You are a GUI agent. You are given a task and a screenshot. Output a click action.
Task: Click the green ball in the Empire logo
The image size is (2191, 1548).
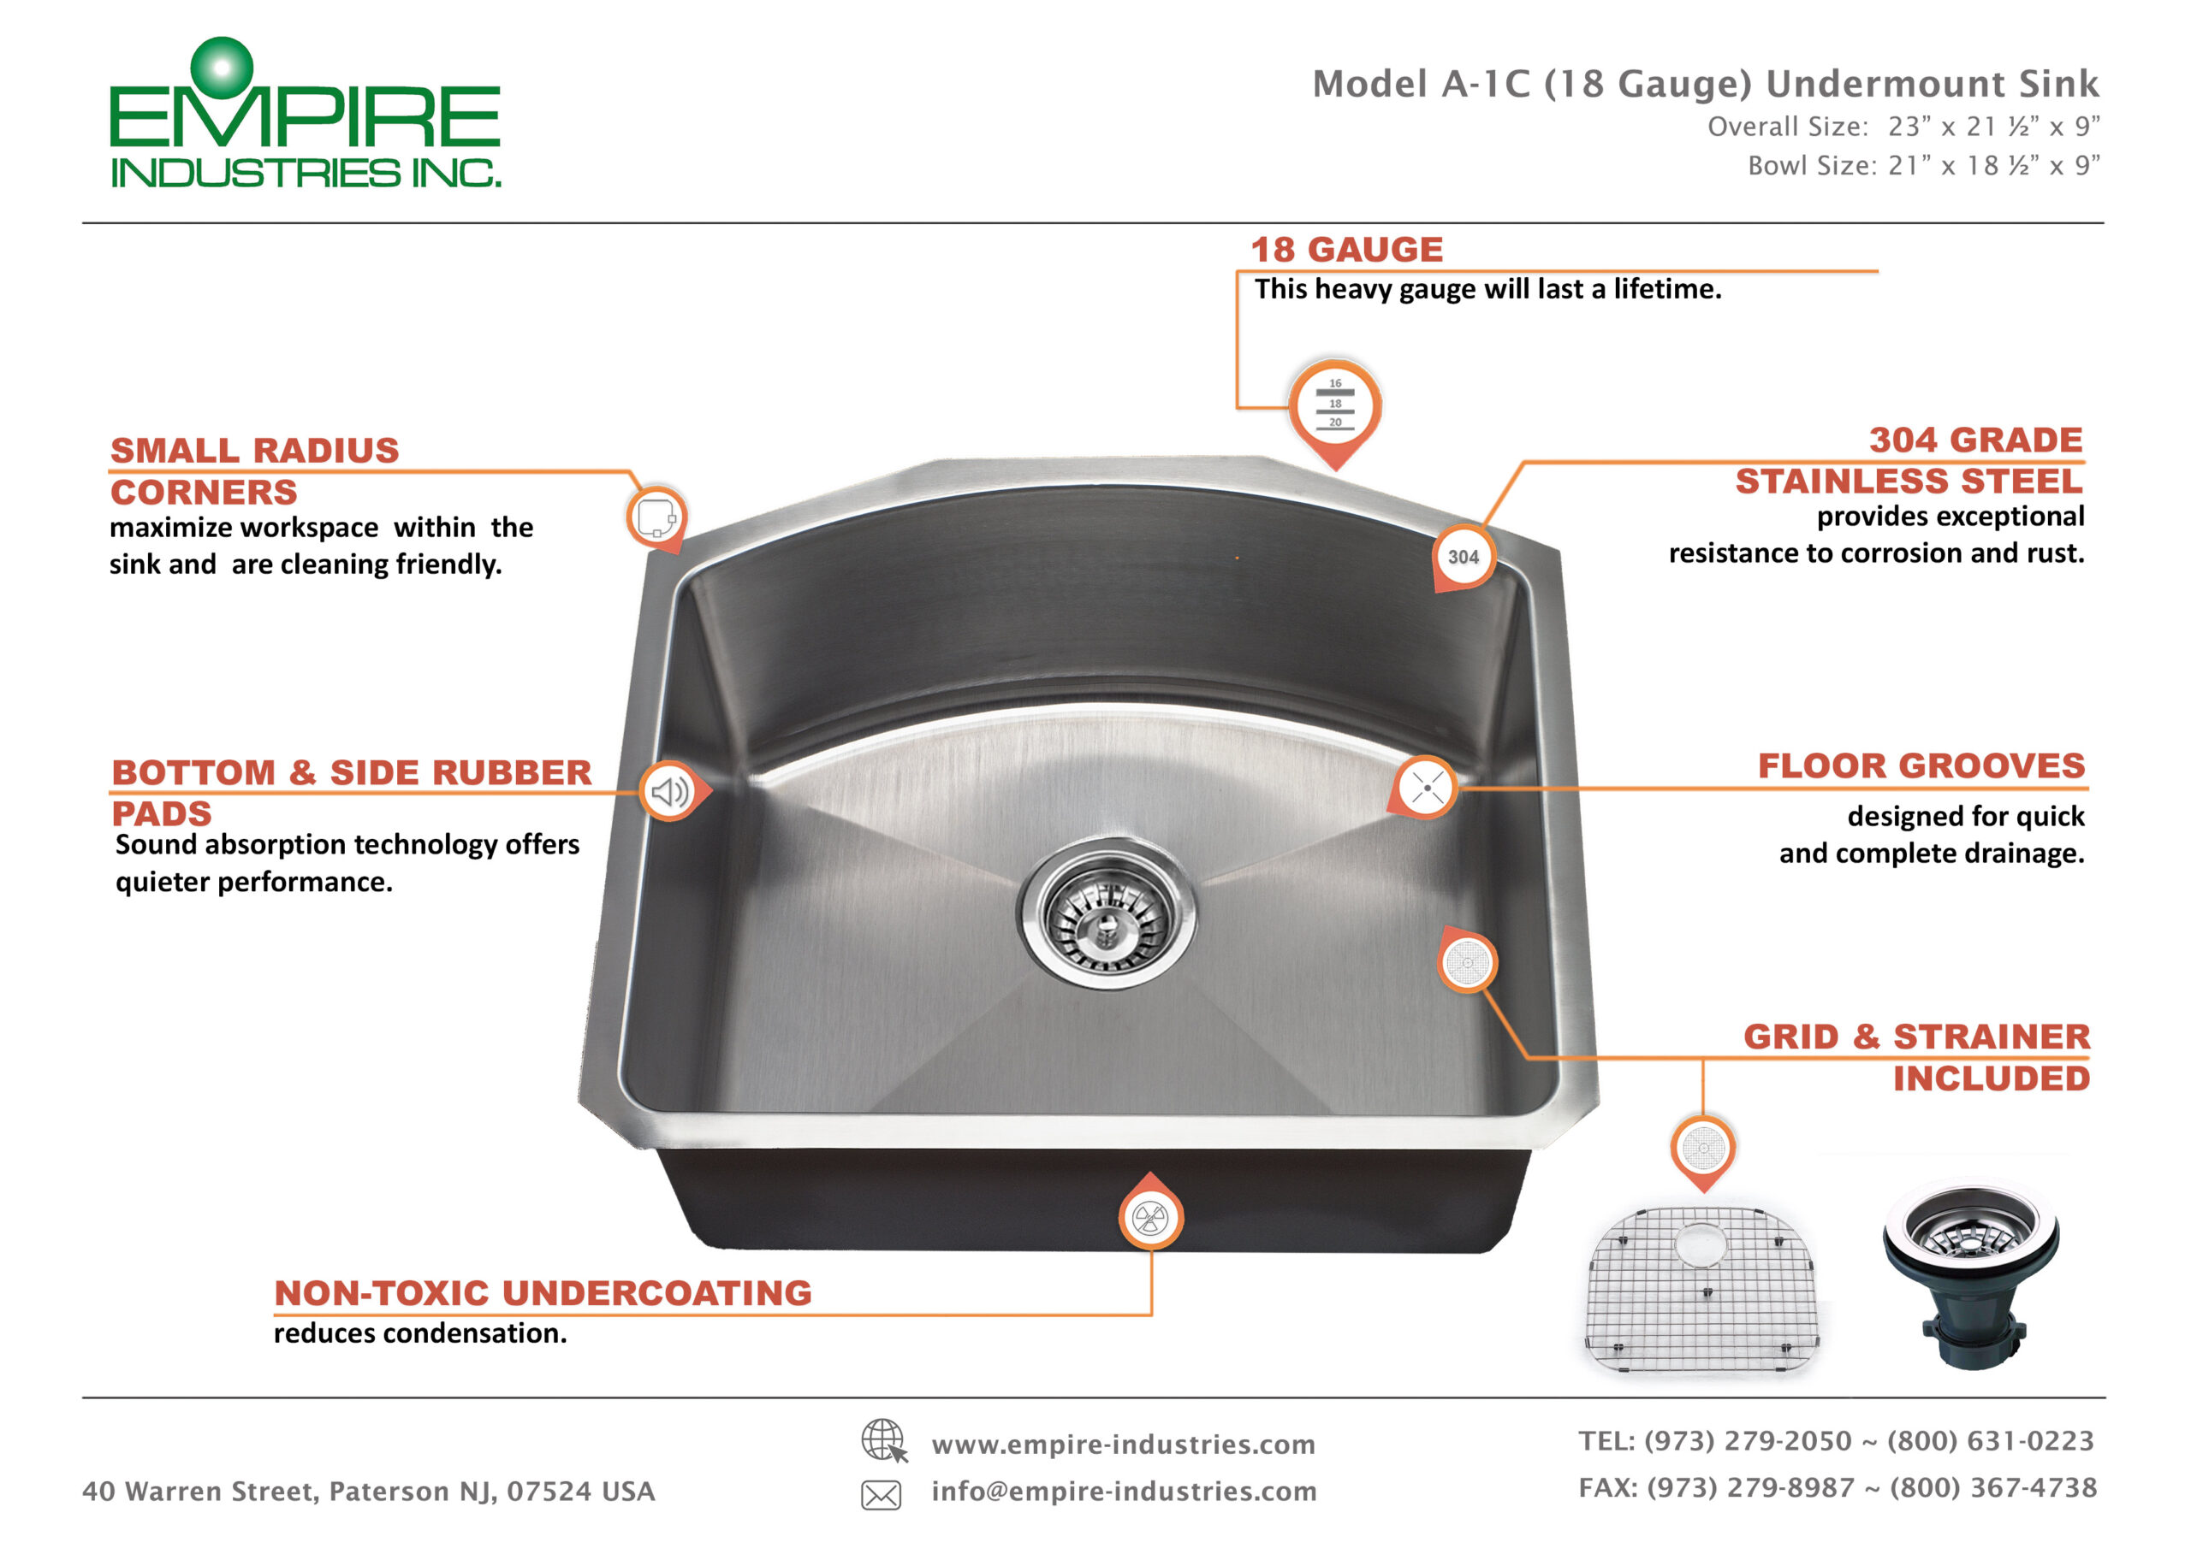point(222,68)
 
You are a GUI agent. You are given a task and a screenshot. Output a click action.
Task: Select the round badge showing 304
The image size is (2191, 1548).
point(1463,557)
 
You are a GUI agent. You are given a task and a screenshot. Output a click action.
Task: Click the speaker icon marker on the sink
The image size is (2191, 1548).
point(670,791)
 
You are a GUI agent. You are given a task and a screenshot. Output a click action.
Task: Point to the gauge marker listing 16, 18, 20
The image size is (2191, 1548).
point(1335,405)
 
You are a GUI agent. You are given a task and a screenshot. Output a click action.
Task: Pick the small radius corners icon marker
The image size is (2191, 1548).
point(656,517)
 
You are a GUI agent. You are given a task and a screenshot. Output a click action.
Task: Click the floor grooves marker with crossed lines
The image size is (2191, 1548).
point(1427,788)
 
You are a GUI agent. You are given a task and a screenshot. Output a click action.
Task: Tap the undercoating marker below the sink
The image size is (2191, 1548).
point(1150,1218)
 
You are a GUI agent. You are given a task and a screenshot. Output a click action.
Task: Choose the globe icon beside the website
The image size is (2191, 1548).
point(882,1440)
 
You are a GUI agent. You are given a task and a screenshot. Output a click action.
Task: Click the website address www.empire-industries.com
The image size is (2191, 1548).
point(1123,1445)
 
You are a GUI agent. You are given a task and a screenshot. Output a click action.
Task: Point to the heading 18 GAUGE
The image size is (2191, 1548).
point(1346,250)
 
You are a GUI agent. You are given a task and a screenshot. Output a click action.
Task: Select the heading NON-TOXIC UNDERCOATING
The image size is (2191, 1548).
point(543,1293)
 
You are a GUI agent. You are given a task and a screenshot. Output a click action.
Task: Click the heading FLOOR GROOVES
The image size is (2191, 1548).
point(1921,766)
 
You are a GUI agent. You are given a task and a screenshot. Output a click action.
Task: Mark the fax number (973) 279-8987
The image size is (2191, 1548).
point(1750,1488)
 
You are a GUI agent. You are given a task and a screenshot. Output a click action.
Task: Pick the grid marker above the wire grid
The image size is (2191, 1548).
point(1702,1148)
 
